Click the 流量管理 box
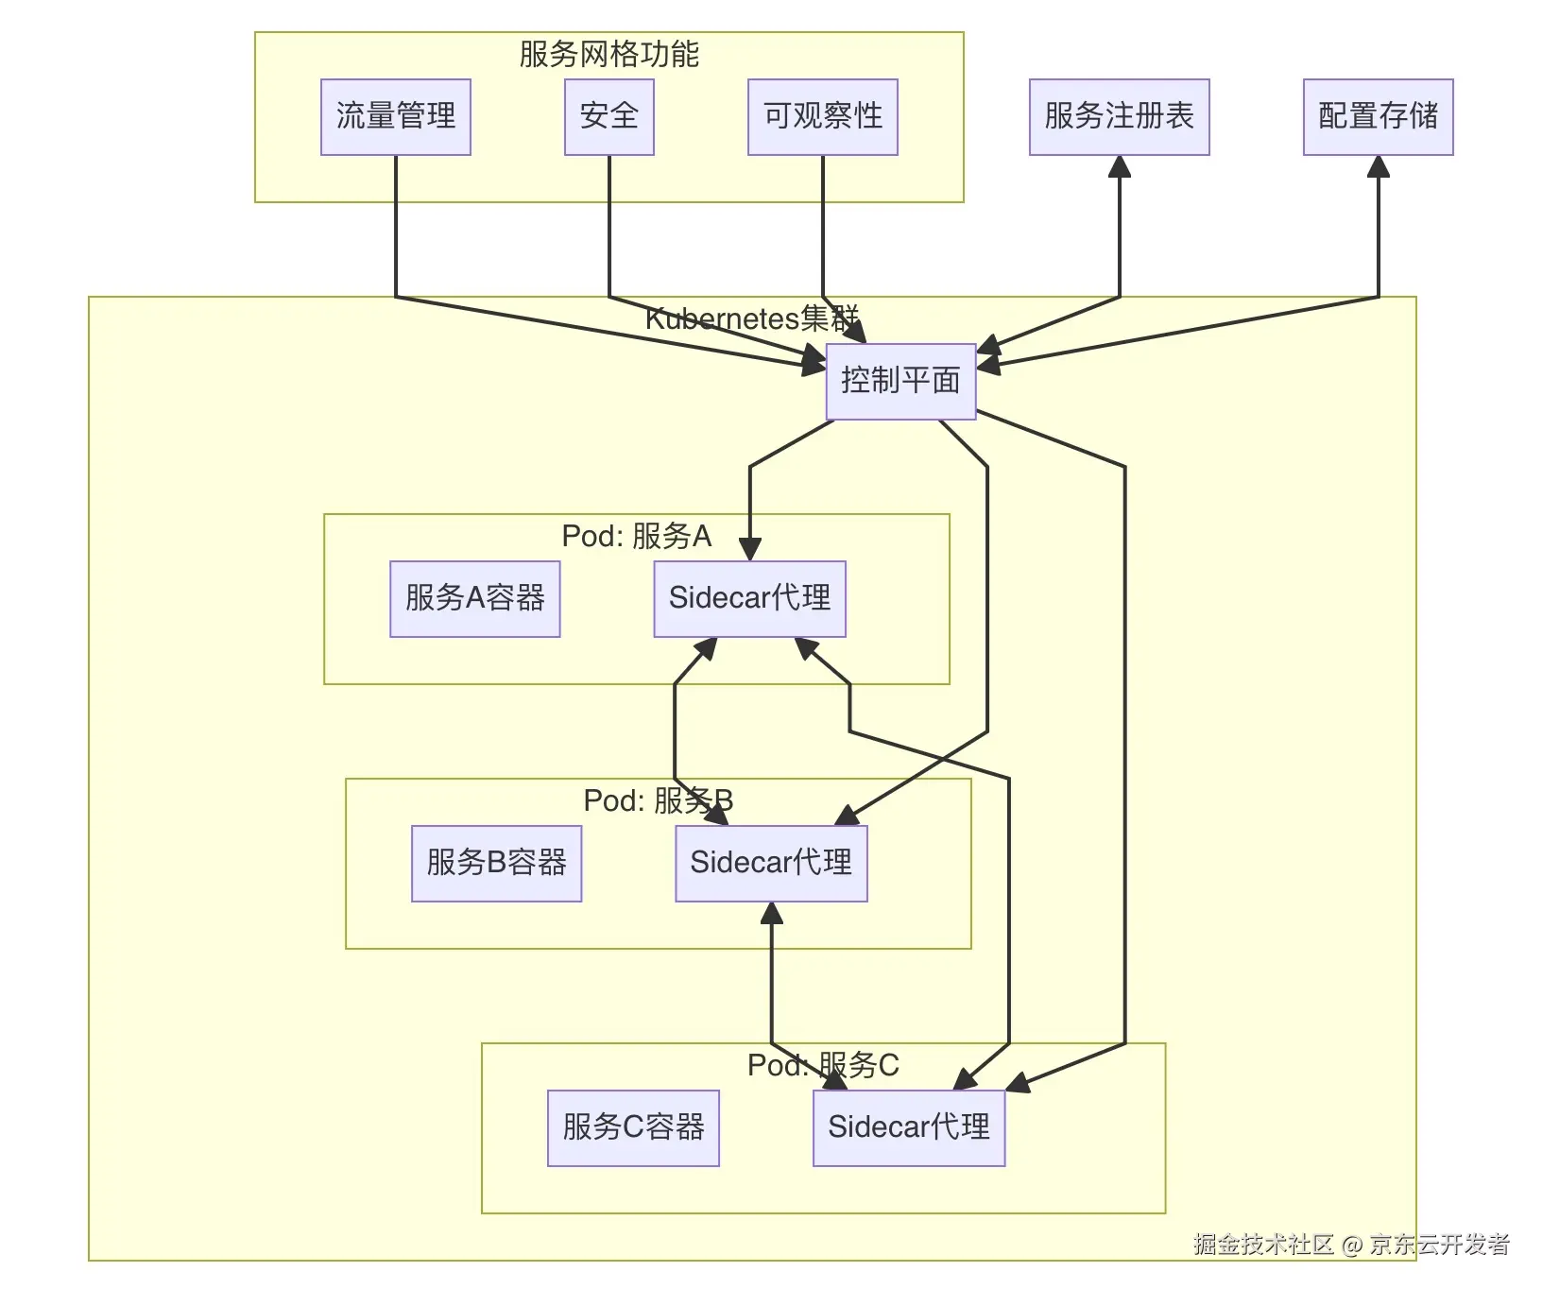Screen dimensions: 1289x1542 (395, 117)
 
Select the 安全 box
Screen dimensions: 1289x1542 (608, 117)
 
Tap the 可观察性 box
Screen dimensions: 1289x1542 (822, 117)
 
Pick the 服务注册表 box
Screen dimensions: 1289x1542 (1119, 117)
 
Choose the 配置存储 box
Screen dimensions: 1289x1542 (1378, 117)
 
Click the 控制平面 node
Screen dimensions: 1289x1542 (900, 381)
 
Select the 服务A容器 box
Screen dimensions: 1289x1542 (474, 598)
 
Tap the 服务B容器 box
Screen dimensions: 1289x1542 (496, 863)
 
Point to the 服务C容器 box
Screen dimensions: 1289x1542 (633, 1127)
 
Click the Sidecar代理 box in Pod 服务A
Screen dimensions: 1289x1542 (749, 598)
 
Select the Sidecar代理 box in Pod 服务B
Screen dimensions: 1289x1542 (771, 863)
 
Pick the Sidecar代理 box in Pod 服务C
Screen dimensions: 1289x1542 (908, 1127)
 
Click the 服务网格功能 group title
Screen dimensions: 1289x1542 (608, 54)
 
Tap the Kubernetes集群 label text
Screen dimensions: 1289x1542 (751, 318)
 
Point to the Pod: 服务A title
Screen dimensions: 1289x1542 (636, 536)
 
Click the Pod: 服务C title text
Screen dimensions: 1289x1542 (822, 1065)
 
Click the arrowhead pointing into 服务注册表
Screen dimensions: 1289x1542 (1120, 167)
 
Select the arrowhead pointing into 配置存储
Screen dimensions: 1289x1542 (1379, 167)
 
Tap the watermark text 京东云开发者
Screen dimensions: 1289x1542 (1439, 1244)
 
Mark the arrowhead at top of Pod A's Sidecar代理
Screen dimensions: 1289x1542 (750, 550)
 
